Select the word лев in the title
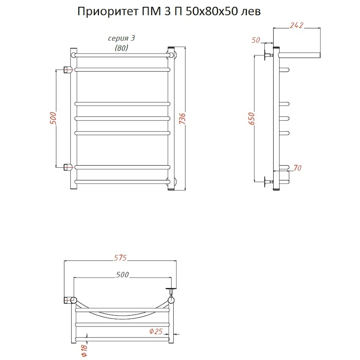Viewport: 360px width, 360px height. point(252,12)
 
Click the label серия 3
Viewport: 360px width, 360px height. point(122,39)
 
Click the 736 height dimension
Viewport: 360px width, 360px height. point(182,119)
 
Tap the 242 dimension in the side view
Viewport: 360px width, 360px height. point(296,25)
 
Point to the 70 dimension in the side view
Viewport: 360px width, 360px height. point(297,168)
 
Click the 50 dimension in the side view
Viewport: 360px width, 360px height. point(256,40)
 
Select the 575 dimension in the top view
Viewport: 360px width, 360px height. point(120,258)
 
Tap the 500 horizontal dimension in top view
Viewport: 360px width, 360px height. point(122,275)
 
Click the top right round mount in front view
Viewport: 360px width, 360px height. point(171,54)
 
